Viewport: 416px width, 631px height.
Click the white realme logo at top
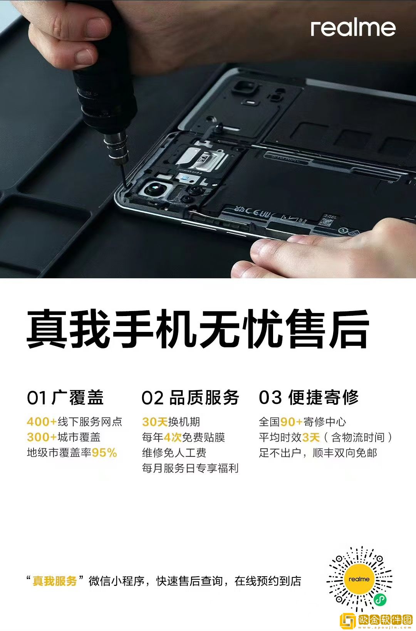(353, 28)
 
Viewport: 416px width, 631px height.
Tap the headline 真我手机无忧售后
(198, 329)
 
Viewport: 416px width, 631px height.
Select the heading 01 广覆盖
(65, 398)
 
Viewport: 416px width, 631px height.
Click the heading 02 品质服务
(190, 398)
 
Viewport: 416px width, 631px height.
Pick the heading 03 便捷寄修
(309, 397)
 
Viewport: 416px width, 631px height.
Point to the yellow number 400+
(42, 422)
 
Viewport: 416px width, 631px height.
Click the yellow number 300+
(42, 437)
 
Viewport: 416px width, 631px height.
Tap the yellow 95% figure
(104, 453)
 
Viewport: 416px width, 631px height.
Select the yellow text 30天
(155, 422)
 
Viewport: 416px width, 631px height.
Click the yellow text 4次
(173, 437)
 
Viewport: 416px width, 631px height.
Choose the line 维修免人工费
(174, 453)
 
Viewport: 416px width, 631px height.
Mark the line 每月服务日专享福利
(190, 468)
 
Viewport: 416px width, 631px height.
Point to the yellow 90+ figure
(291, 422)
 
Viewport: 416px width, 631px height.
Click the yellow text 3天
(311, 437)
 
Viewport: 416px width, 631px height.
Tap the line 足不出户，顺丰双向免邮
(318, 453)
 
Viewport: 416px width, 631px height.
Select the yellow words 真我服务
(55, 581)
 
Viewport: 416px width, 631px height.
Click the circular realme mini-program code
(359, 579)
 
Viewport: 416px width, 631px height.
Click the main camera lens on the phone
(153, 189)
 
